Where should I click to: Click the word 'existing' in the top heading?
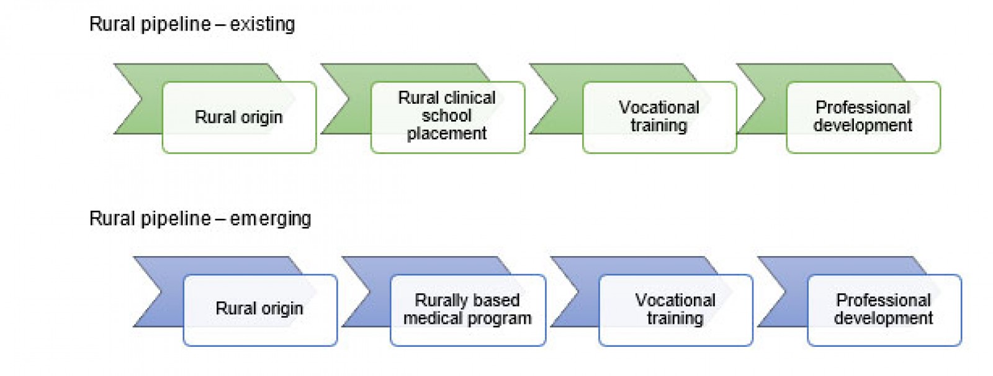click(263, 24)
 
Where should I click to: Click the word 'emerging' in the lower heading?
click(271, 219)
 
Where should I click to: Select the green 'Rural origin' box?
click(239, 117)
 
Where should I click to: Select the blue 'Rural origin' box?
click(259, 309)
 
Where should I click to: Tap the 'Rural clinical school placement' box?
click(447, 116)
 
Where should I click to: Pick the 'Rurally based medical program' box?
click(467, 310)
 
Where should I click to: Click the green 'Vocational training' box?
click(659, 117)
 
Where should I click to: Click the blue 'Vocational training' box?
click(675, 310)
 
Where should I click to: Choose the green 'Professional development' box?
click(863, 117)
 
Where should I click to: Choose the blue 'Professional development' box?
click(884, 310)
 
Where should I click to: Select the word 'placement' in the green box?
click(447, 134)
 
